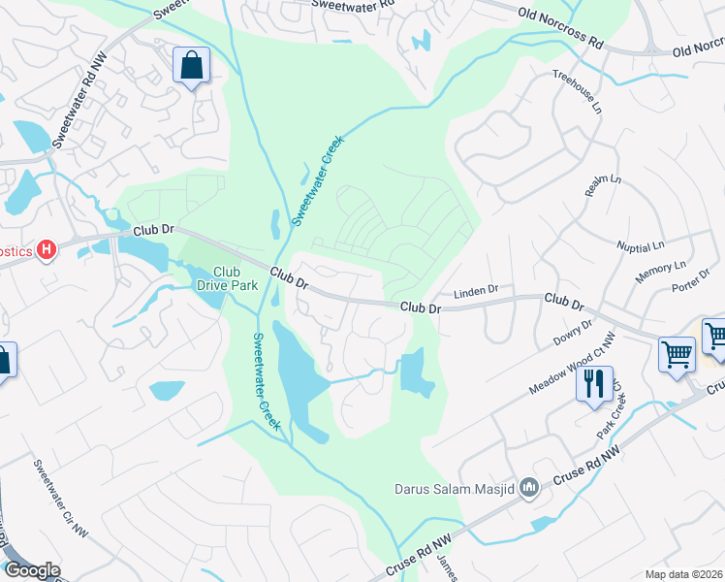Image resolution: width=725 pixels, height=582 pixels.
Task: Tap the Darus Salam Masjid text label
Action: (x=453, y=488)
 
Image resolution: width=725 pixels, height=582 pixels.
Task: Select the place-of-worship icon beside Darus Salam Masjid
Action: (x=529, y=487)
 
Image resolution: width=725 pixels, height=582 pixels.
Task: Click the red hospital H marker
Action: (x=46, y=251)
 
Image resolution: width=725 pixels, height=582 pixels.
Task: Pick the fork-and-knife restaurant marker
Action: (x=594, y=382)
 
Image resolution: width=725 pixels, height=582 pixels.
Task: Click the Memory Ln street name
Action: (x=660, y=272)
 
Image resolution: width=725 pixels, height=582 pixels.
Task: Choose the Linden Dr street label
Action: (x=476, y=290)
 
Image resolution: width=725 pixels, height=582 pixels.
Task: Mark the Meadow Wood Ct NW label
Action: (x=572, y=363)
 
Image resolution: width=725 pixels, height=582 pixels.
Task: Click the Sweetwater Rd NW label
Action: (x=72, y=113)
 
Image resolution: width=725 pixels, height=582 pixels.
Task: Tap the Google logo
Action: (x=32, y=570)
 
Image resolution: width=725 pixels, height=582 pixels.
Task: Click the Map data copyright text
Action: (x=684, y=574)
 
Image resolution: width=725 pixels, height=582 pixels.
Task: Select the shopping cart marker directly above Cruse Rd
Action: (x=676, y=352)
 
